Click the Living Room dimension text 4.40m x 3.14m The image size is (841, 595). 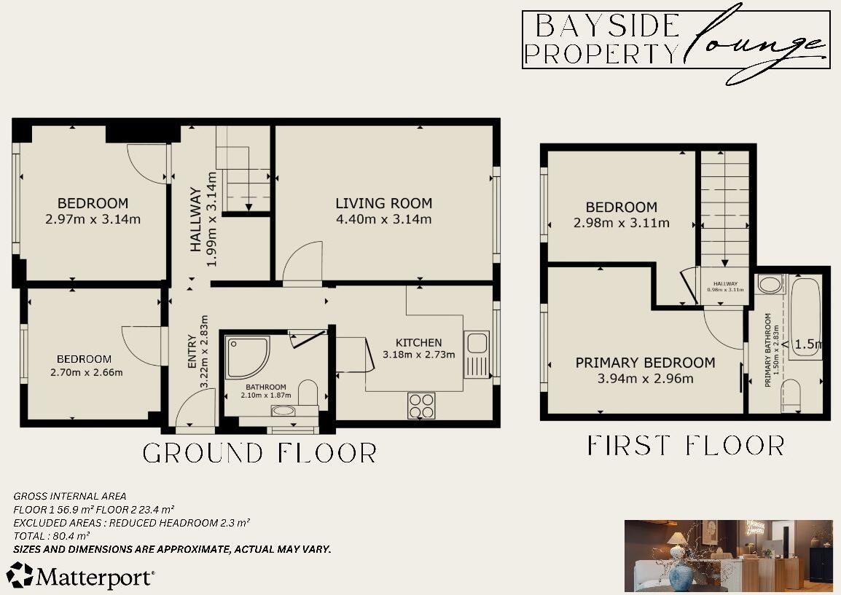click(x=383, y=219)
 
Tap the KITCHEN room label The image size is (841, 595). click(x=418, y=342)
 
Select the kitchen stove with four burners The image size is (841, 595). click(x=421, y=406)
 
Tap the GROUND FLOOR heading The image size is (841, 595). click(x=259, y=453)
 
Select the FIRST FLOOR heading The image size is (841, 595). click(x=685, y=445)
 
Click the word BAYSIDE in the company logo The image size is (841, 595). click(x=606, y=26)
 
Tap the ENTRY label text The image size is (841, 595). click(x=192, y=350)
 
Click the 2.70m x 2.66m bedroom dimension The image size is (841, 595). click(x=85, y=373)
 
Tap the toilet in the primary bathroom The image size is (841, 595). click(x=791, y=394)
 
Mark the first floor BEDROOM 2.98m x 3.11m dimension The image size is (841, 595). click(x=621, y=223)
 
